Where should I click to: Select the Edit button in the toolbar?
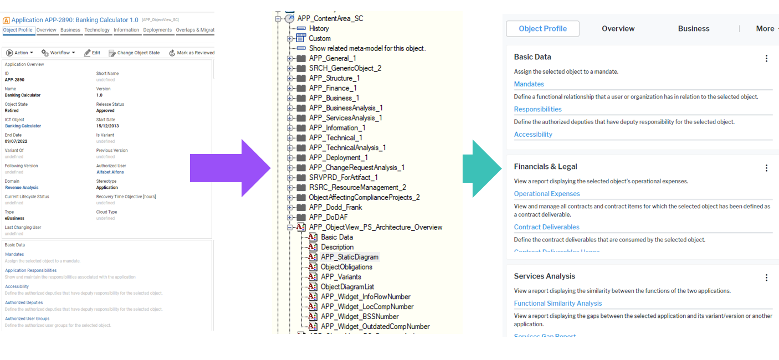pyautogui.click(x=92, y=53)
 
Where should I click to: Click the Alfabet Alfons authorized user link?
pyautogui.click(x=110, y=172)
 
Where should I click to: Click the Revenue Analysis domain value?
pyautogui.click(x=22, y=188)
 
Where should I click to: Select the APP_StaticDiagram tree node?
pyautogui.click(x=350, y=257)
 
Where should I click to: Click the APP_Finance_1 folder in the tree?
pyautogui.click(x=332, y=88)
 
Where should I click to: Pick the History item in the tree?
pyautogui.click(x=319, y=28)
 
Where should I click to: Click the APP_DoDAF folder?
pyautogui.click(x=328, y=217)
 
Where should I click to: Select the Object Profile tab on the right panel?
pyautogui.click(x=542, y=29)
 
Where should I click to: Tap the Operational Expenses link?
pyautogui.click(x=547, y=194)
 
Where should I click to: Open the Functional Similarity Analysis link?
pyautogui.click(x=557, y=304)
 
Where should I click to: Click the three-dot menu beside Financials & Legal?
pyautogui.click(x=767, y=168)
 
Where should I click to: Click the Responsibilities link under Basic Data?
pyautogui.click(x=537, y=109)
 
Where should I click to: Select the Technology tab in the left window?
pyautogui.click(x=97, y=30)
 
